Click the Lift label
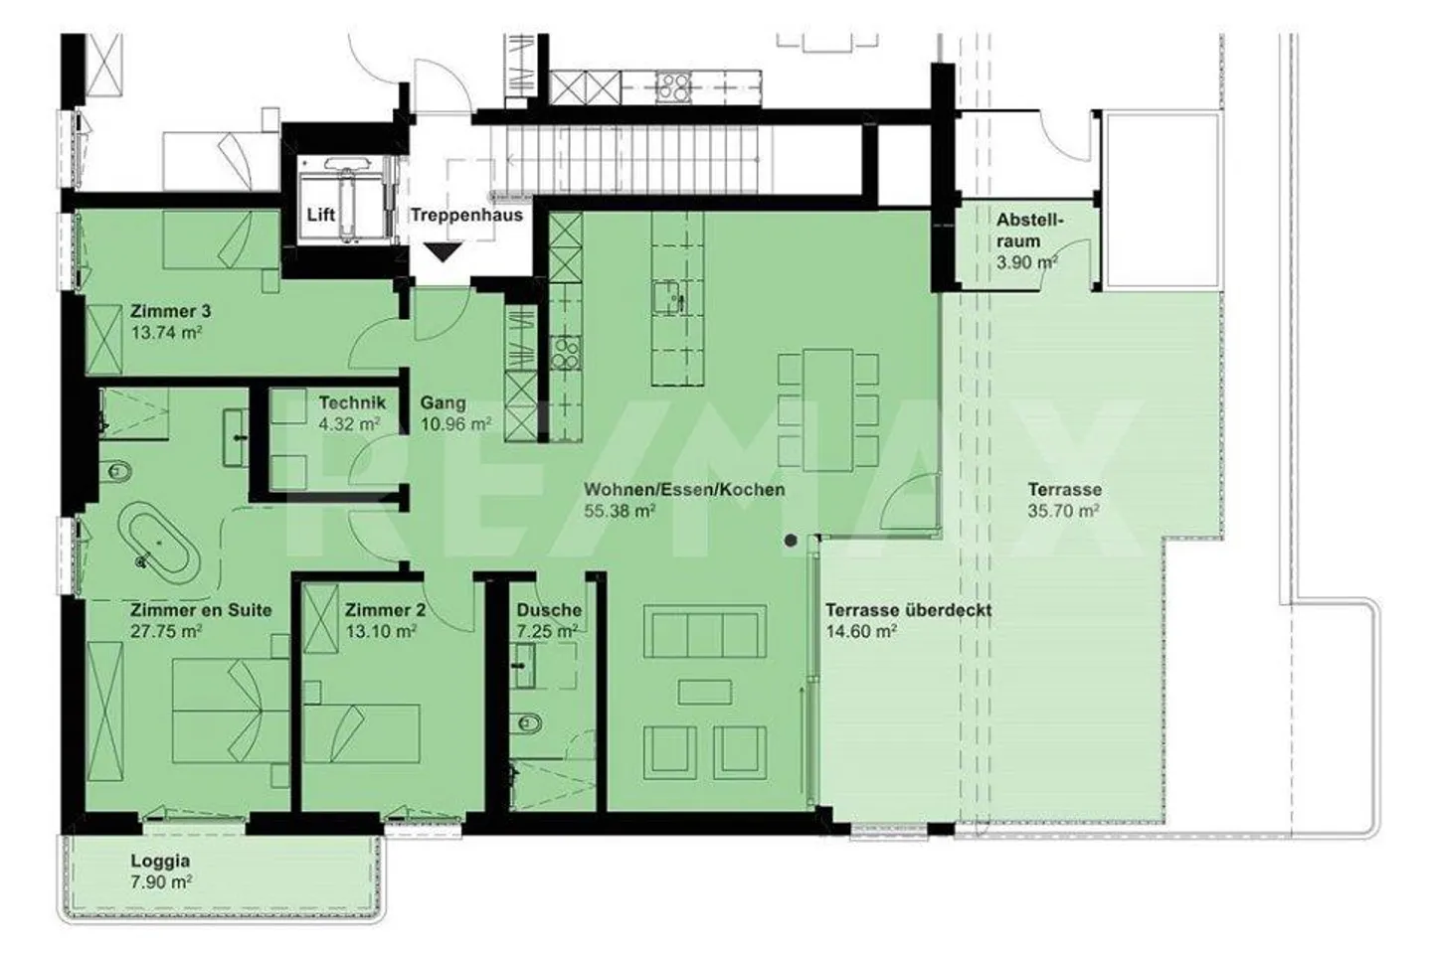coord(320,215)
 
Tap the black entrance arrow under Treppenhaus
coord(444,252)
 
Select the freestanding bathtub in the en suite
coord(158,543)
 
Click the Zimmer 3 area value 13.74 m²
coord(166,333)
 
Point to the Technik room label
coord(352,402)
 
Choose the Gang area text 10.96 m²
coord(455,424)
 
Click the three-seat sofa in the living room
coord(704,632)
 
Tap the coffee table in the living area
coord(705,693)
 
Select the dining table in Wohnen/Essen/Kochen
coord(827,409)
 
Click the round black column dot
coord(791,541)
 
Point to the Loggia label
coord(160,862)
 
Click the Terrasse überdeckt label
coord(909,610)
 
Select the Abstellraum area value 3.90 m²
coord(1026,262)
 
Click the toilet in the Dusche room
coord(527,724)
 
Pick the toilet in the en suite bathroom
coord(116,472)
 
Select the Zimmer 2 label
coord(385,610)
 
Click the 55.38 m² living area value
coord(621,511)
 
